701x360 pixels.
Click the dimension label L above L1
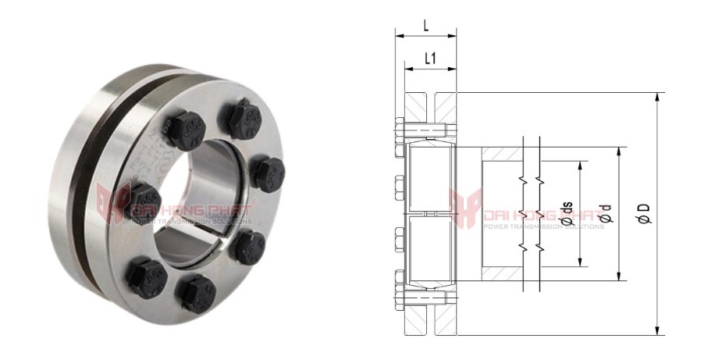[425, 25]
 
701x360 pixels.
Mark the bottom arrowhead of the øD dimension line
[658, 331]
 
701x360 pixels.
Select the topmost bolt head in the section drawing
[400, 127]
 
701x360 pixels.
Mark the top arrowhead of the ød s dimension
[581, 165]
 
